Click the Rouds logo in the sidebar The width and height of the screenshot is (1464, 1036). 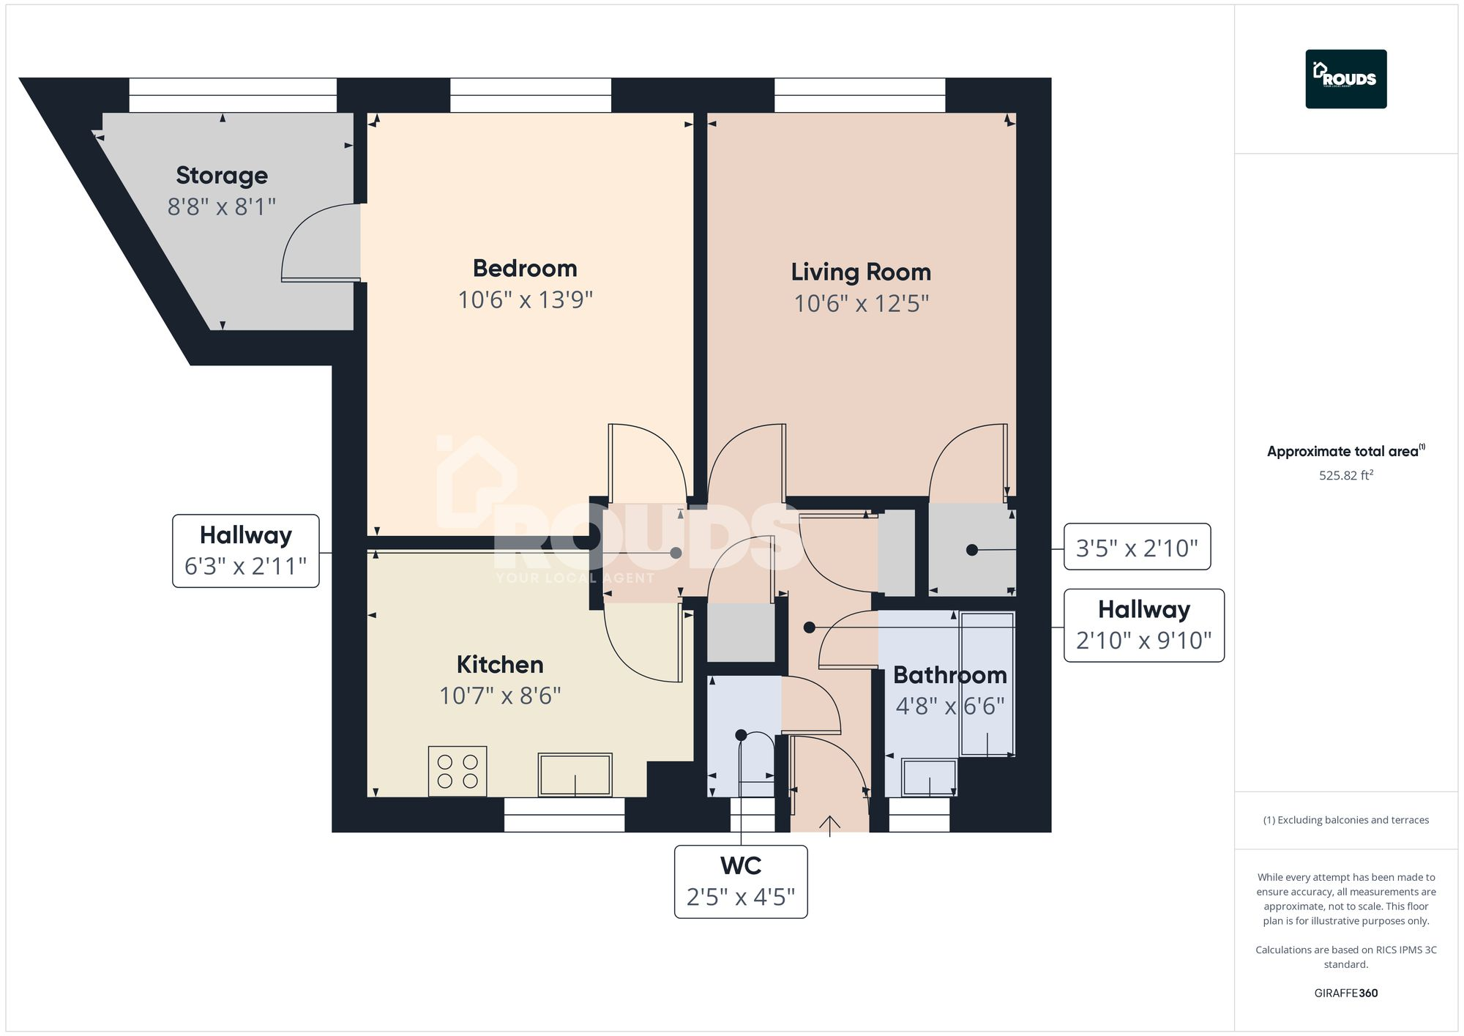1345,79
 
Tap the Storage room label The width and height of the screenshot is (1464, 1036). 222,176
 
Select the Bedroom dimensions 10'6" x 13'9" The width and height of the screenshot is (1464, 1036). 525,300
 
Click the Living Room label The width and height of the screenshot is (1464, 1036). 861,272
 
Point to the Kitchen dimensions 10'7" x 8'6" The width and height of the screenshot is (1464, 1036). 500,696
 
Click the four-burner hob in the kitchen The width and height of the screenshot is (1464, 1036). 457,771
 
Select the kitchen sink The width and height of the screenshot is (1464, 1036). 575,774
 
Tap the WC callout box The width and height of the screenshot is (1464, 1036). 740,882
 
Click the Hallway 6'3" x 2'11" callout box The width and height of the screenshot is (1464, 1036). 246,551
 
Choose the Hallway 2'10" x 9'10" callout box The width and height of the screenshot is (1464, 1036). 1143,625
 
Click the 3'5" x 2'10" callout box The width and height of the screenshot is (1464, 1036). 1136,547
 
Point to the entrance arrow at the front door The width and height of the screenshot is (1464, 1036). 829,825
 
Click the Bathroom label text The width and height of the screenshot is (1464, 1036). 949,674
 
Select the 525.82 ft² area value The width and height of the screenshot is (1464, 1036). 1345,475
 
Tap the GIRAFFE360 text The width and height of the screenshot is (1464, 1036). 1345,993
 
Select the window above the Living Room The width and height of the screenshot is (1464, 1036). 859,95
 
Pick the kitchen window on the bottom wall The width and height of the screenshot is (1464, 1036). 564,814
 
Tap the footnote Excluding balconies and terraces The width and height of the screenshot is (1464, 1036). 1345,820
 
